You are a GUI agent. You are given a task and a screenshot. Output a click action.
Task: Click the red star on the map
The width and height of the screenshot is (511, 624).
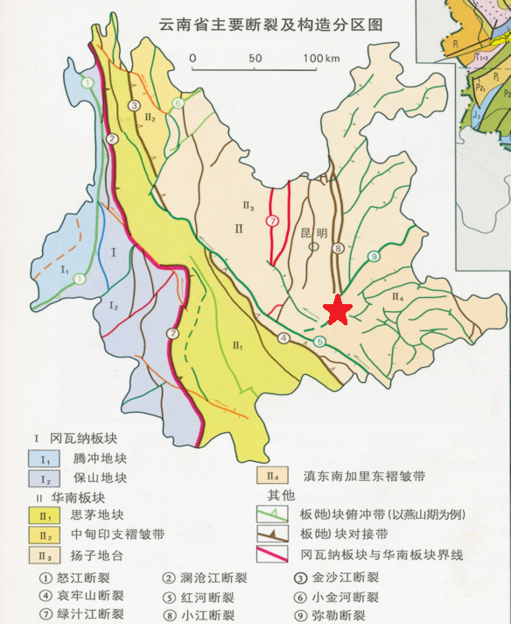[x=338, y=309]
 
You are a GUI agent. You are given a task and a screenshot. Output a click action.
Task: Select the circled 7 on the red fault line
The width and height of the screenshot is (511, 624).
[x=273, y=221]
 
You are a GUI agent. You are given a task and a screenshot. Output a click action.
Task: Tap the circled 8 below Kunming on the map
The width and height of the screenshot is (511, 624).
[x=338, y=249]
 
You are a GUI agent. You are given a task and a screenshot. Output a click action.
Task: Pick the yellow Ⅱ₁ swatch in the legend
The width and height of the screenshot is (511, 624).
[x=41, y=515]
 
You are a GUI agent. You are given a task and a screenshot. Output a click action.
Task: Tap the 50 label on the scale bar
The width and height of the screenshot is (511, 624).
[x=255, y=58]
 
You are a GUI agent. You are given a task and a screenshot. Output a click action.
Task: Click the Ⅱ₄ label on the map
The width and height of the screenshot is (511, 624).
[x=395, y=298]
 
